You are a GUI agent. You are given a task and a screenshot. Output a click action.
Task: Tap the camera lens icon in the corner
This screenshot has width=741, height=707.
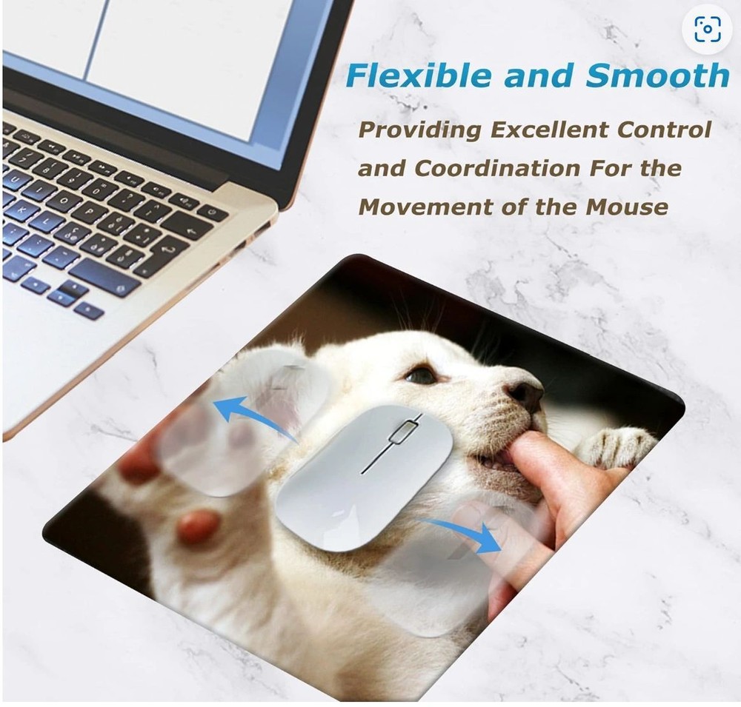coord(707,29)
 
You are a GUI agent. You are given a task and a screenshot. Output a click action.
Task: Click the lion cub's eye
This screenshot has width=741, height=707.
coord(421,375)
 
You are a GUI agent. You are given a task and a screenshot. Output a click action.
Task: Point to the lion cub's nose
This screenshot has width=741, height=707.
coord(527,392)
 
